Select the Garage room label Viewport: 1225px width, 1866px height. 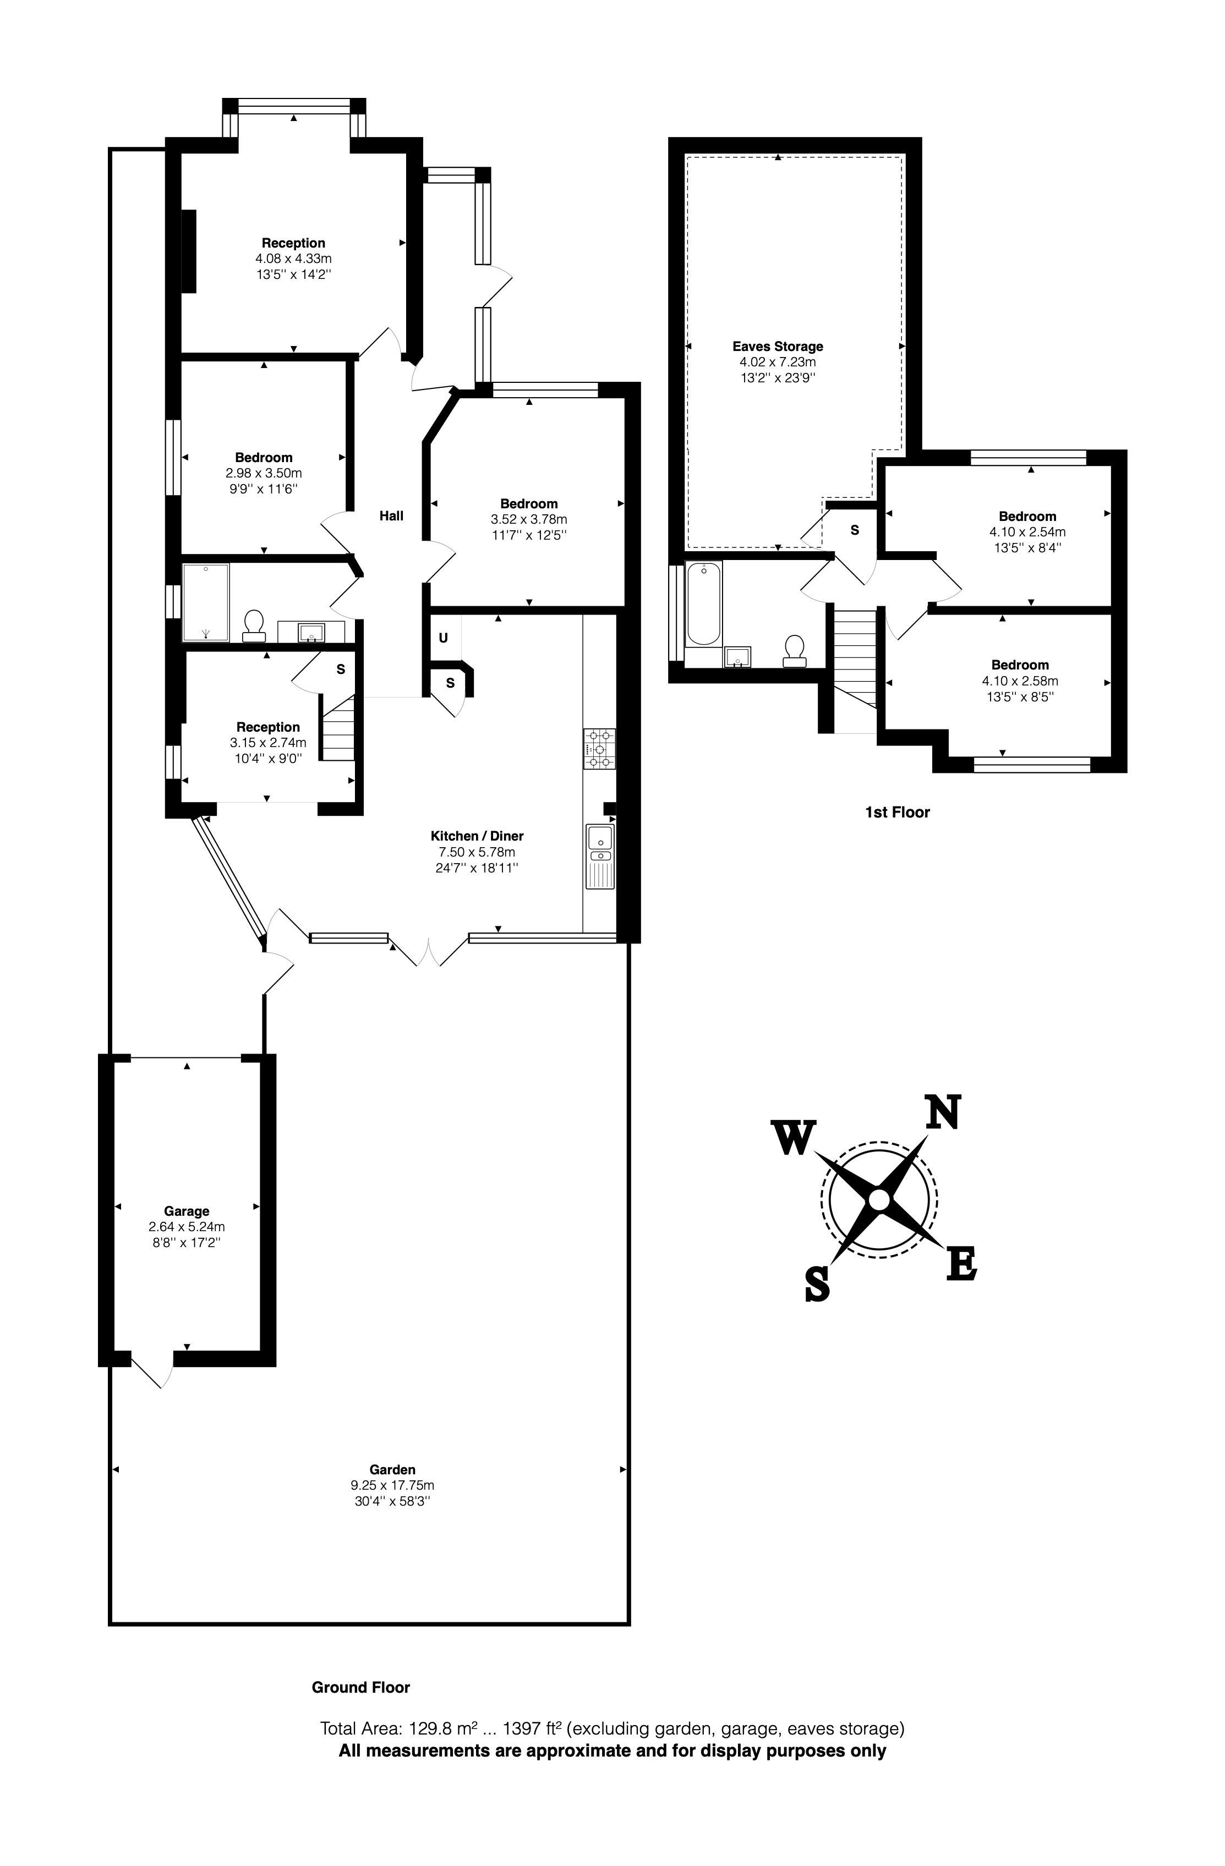(187, 1211)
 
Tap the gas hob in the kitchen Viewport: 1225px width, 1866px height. (599, 748)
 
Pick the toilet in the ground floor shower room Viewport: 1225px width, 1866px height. (253, 625)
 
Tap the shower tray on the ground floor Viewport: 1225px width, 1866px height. (205, 602)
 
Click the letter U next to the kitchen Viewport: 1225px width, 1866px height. (443, 638)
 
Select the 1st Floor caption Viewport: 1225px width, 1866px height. (897, 813)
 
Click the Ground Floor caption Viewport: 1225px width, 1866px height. (361, 1687)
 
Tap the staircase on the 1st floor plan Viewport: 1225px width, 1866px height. (854, 658)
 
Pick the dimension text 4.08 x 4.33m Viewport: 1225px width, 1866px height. (293, 259)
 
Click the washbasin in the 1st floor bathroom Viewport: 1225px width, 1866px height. (737, 655)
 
